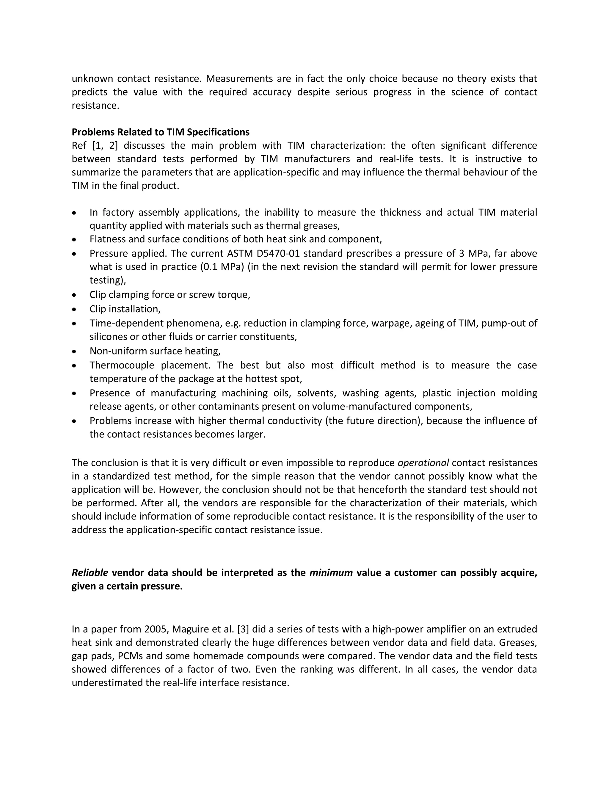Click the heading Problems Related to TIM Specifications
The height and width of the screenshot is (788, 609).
click(161, 132)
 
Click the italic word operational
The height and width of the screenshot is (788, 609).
click(423, 463)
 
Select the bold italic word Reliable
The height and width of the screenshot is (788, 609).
click(90, 573)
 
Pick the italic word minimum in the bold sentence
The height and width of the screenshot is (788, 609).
click(331, 573)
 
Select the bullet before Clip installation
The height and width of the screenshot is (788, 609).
click(74, 310)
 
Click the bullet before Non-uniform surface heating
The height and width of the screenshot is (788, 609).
click(74, 351)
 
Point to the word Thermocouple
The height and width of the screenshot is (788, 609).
click(122, 365)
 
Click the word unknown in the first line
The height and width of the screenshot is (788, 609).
click(92, 79)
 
